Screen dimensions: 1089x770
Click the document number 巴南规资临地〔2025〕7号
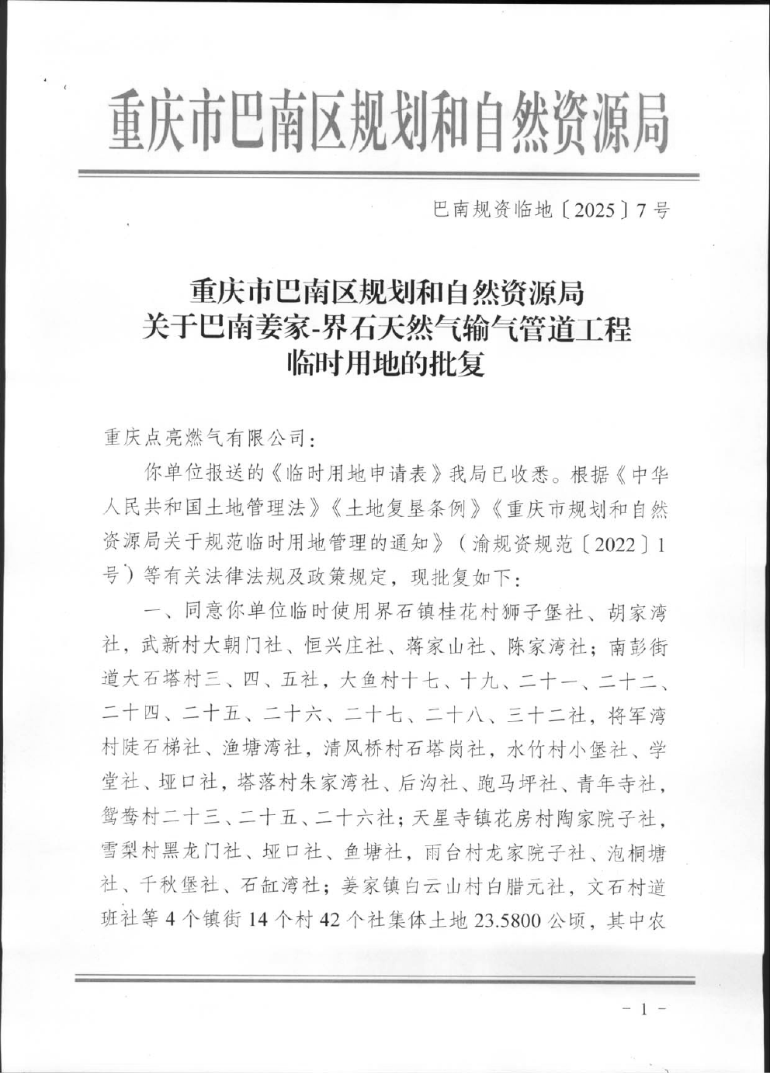click(x=550, y=210)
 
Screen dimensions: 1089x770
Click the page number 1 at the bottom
click(x=643, y=1009)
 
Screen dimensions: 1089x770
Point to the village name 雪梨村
click(x=130, y=852)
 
